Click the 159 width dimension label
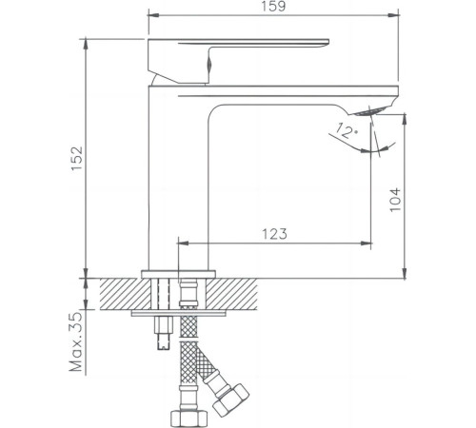click(273, 7)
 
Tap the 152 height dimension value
click(77, 158)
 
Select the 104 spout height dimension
click(395, 200)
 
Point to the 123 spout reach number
click(274, 234)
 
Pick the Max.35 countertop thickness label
click(75, 341)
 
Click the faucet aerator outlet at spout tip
click(370, 111)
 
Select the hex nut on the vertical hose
click(188, 418)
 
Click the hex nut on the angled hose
click(230, 399)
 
